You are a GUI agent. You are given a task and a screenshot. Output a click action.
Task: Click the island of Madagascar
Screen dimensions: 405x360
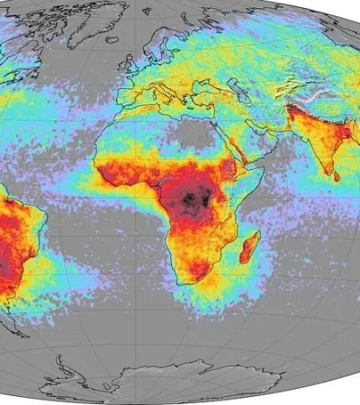pos(249,247)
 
